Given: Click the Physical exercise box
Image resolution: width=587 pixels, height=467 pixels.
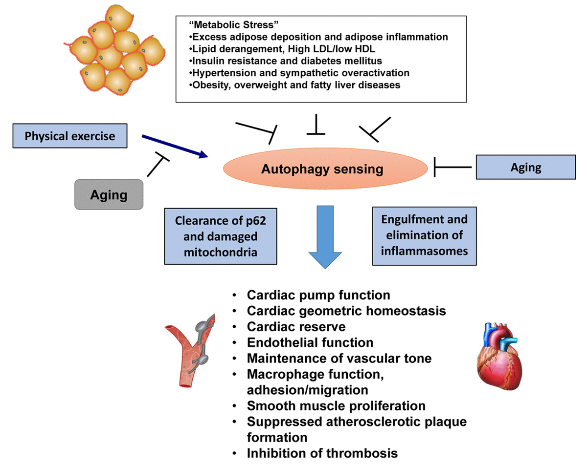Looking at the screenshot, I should [69, 135].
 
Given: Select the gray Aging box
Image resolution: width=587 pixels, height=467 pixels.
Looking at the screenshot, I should [109, 195].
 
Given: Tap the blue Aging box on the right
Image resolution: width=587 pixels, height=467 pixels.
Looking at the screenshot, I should [526, 168].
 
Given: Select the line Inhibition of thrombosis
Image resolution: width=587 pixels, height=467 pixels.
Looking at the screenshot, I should [322, 452].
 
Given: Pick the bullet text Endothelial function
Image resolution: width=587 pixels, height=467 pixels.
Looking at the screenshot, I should [310, 342].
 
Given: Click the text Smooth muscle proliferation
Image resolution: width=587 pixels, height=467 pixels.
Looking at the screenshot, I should [336, 405].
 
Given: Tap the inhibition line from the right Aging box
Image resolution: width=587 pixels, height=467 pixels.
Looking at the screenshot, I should [453, 168].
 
